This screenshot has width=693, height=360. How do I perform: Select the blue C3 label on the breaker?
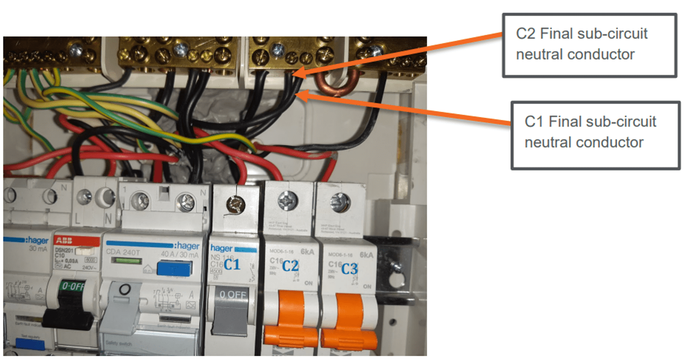349,269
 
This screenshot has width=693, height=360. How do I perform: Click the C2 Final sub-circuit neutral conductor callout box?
589,45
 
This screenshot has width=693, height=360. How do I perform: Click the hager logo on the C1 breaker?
221,248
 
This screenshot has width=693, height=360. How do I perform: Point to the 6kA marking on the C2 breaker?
308,253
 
